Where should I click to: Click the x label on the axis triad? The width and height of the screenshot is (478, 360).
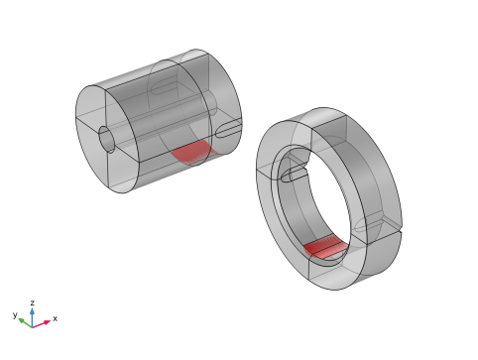pyautogui.click(x=55, y=318)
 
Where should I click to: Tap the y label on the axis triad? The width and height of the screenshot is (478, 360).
pyautogui.click(x=15, y=314)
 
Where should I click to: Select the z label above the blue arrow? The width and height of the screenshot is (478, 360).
pyautogui.click(x=33, y=302)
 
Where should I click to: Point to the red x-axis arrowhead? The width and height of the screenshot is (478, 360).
pyautogui.click(x=47, y=321)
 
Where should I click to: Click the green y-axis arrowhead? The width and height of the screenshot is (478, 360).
pyautogui.click(x=22, y=320)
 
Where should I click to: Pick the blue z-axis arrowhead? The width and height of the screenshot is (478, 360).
pyautogui.click(x=32, y=311)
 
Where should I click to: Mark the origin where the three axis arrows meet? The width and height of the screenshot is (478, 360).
pyautogui.click(x=32, y=327)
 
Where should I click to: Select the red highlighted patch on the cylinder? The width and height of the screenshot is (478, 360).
pyautogui.click(x=193, y=153)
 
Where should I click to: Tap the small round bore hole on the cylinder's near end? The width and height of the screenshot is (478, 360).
pyautogui.click(x=106, y=139)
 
